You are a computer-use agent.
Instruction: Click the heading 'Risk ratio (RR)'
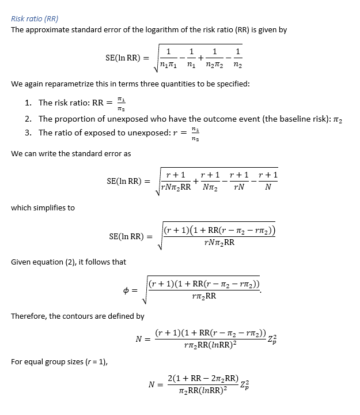(x=35, y=18)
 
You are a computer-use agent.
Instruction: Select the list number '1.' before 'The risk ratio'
(x=28, y=103)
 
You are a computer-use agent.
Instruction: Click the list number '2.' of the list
(x=28, y=119)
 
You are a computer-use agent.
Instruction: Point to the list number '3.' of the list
(x=28, y=133)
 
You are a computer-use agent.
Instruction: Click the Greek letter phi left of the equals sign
(x=126, y=290)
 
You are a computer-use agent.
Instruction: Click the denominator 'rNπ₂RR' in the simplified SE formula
(x=219, y=243)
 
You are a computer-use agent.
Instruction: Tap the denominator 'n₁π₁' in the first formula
(x=168, y=65)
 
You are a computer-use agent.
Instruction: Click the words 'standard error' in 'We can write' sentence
(x=96, y=154)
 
